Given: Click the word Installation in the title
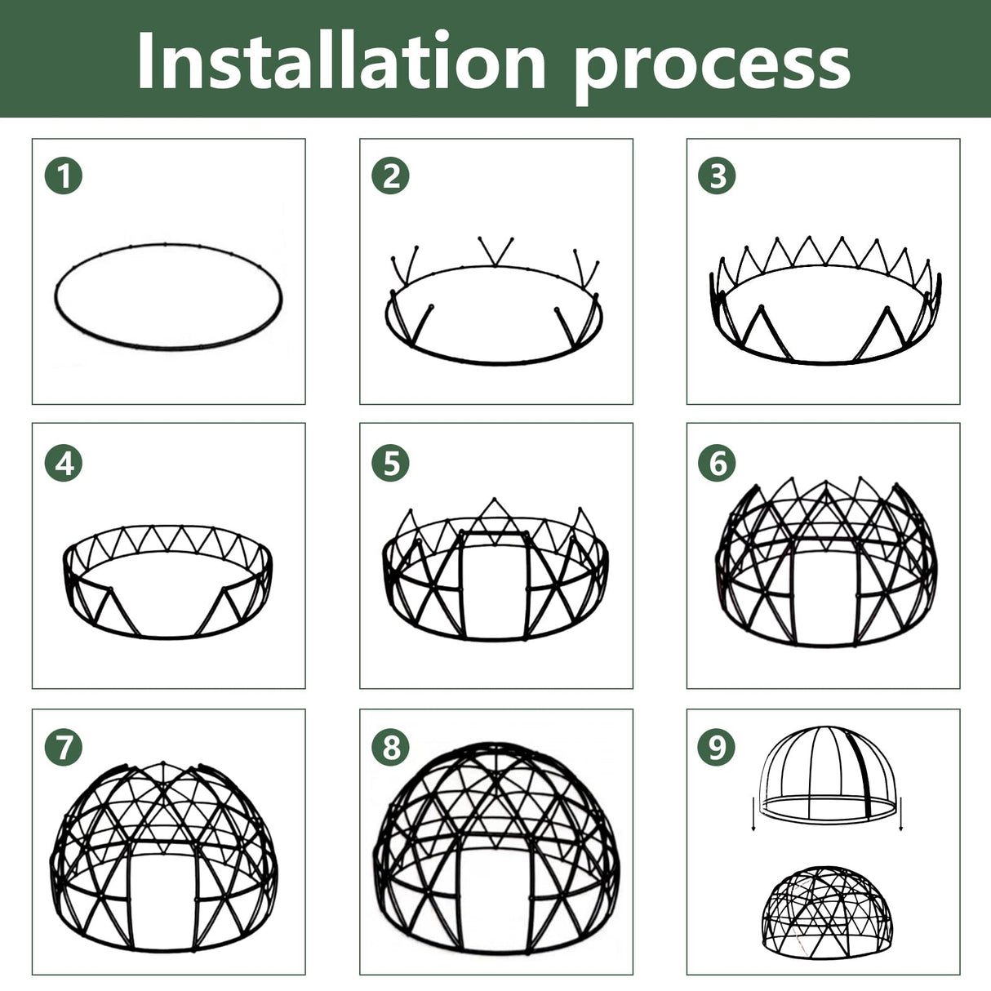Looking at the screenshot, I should click(x=341, y=62).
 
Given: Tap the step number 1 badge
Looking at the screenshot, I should click(x=64, y=176).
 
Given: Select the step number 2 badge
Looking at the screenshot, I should click(x=391, y=176).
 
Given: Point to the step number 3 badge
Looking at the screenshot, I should click(x=718, y=176).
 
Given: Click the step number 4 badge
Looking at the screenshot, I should click(x=64, y=463).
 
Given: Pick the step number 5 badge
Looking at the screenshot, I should click(x=391, y=463).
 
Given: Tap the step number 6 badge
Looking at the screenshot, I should click(x=718, y=463).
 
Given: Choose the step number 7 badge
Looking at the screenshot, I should click(x=64, y=747).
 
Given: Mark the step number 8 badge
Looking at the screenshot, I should click(x=391, y=747).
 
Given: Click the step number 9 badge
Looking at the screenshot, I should click(x=718, y=747).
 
